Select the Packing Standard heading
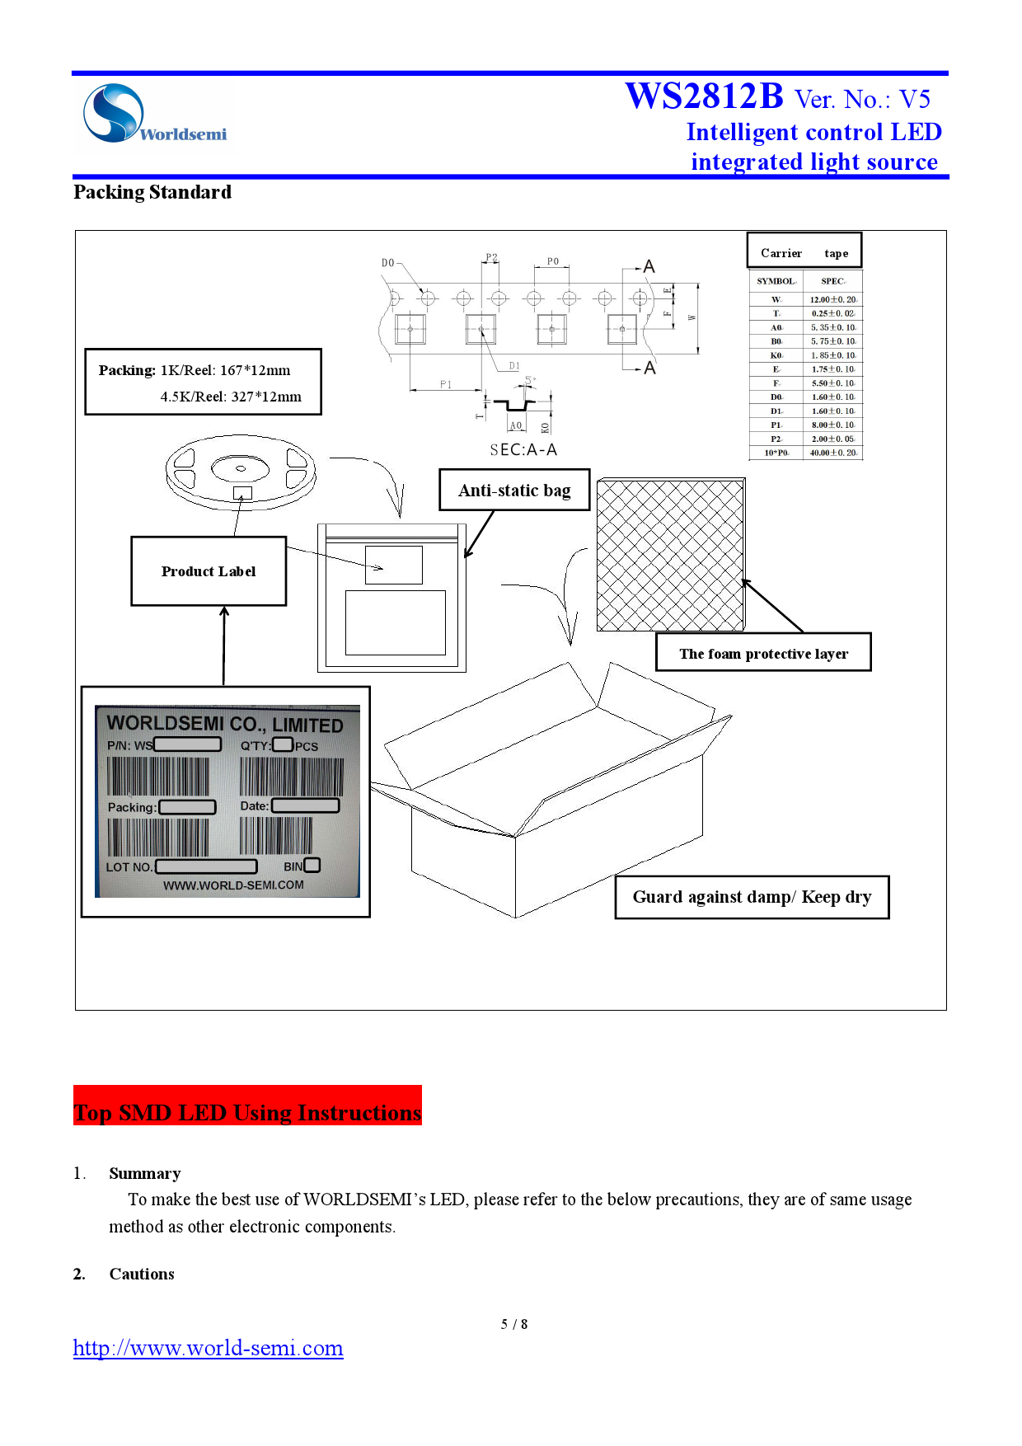click(152, 192)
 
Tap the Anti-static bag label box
click(514, 491)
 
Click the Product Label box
click(209, 571)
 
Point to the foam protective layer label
click(763, 654)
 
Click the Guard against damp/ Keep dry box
click(752, 897)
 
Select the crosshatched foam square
click(670, 555)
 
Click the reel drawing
click(241, 472)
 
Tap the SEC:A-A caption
click(523, 449)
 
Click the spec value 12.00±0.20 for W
click(832, 299)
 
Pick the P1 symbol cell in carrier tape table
click(776, 425)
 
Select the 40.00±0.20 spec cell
click(832, 453)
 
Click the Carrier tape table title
click(804, 253)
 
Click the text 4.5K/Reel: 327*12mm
click(231, 397)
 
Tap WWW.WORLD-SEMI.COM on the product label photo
click(233, 885)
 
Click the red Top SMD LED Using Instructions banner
click(247, 1112)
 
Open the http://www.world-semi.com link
click(208, 1348)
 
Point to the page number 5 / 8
click(514, 1324)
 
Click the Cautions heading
click(142, 1274)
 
